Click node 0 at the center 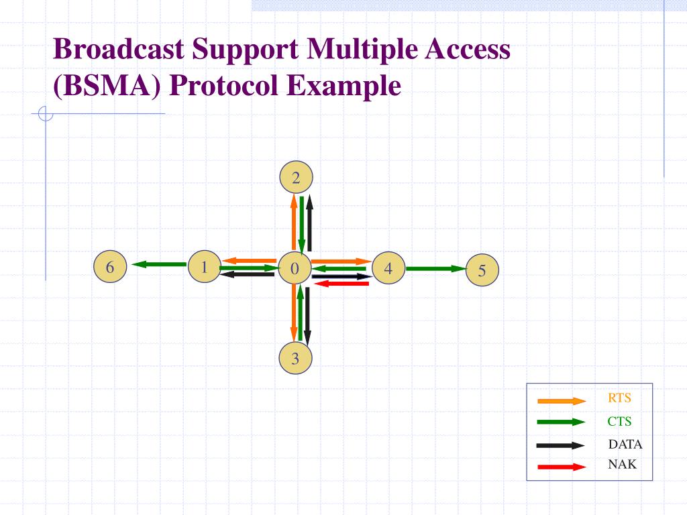point(295,269)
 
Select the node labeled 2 point(296,178)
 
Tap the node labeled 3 point(295,359)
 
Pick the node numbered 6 point(111,268)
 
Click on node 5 point(482,271)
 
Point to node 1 point(204,267)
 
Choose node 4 point(388,269)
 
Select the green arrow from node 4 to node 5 point(435,269)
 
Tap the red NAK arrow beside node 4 point(341,284)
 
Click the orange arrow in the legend point(562,401)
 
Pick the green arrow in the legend point(562,422)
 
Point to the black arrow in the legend point(562,445)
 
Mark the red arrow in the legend point(562,467)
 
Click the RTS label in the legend point(619,398)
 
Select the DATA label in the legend point(625,444)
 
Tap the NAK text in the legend point(622,464)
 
